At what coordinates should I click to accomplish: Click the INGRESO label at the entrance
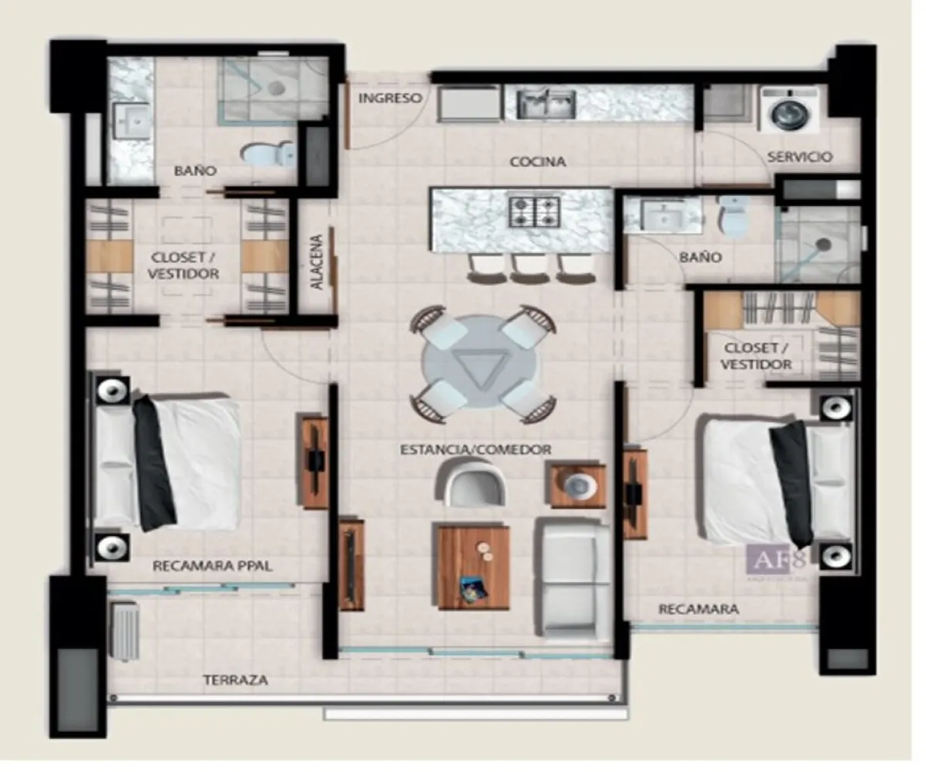[x=390, y=98]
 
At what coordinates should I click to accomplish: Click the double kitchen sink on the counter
[x=546, y=103]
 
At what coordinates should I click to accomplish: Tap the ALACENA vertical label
[x=316, y=262]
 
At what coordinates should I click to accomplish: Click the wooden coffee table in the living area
[x=473, y=567]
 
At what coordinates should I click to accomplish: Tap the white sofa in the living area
[x=571, y=575]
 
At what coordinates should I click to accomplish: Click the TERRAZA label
[x=235, y=680]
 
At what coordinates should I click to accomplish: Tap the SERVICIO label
[x=799, y=157]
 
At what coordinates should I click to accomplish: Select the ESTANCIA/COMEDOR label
[x=475, y=449]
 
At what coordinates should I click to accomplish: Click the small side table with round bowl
[x=577, y=484]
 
